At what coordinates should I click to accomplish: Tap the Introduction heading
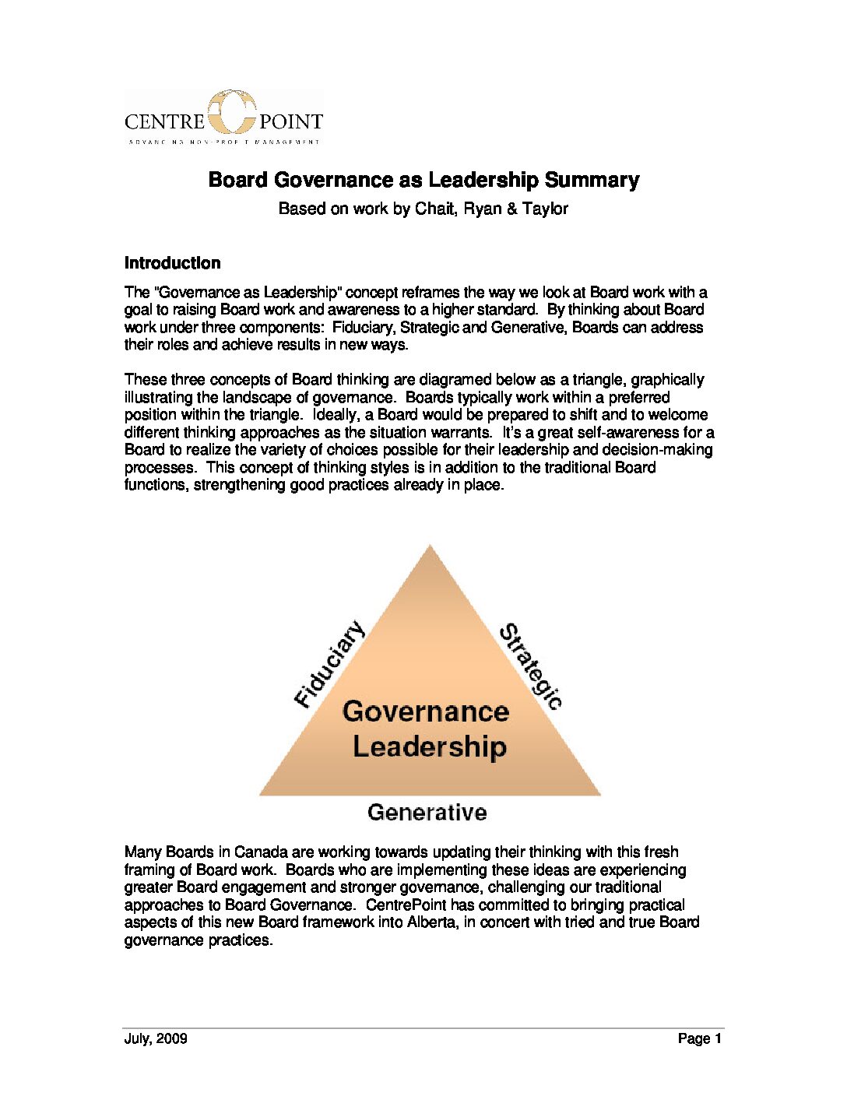172,263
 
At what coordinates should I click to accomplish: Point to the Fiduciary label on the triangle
329,664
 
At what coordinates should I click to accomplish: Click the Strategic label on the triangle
530,666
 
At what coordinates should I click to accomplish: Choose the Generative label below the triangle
427,813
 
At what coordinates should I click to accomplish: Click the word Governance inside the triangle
426,711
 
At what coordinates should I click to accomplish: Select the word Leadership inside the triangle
430,746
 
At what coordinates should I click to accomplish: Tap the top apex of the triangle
430,549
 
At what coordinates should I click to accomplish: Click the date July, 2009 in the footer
156,1038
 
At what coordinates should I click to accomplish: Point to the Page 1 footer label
700,1038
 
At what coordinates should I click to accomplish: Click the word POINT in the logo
290,121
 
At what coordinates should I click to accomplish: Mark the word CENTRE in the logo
164,121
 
